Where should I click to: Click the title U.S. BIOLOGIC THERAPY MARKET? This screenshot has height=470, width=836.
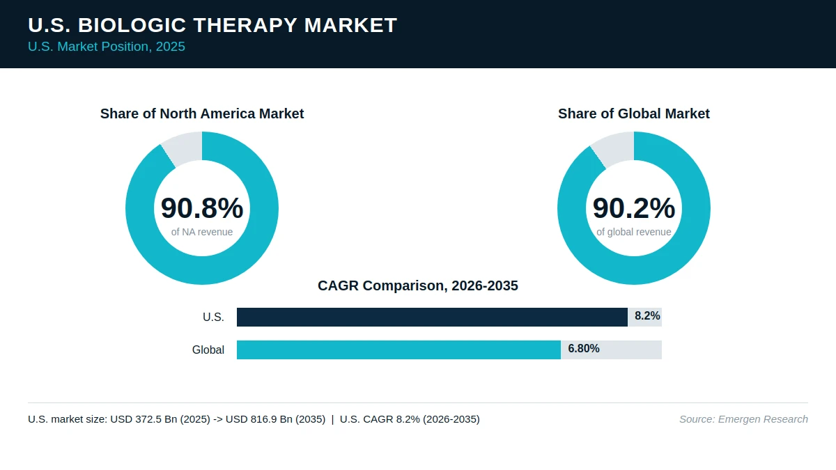pyautogui.click(x=212, y=25)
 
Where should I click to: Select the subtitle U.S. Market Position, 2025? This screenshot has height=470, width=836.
pyautogui.click(x=107, y=47)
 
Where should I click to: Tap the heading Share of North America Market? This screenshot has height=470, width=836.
pyautogui.click(x=202, y=113)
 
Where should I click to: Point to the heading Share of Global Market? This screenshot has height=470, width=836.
pyautogui.click(x=634, y=113)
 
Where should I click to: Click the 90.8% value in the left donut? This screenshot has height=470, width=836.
pyautogui.click(x=202, y=207)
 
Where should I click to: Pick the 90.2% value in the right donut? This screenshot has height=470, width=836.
pyautogui.click(x=634, y=207)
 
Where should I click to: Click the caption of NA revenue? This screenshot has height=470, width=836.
pyautogui.click(x=202, y=232)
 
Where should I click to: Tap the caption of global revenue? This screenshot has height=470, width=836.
pyautogui.click(x=634, y=232)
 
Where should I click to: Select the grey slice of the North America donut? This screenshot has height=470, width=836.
pyautogui.click(x=184, y=148)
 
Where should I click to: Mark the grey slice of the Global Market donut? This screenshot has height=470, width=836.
pyautogui.click(x=614, y=149)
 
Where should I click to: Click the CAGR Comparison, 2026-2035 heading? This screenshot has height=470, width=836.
pyautogui.click(x=417, y=285)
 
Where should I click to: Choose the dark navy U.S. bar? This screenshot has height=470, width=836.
pyautogui.click(x=432, y=317)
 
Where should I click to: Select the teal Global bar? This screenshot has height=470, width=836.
pyautogui.click(x=398, y=350)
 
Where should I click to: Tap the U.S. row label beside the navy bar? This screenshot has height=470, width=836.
pyautogui.click(x=213, y=317)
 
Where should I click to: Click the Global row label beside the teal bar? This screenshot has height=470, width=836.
pyautogui.click(x=208, y=350)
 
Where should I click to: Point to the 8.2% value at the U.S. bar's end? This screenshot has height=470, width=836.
pyautogui.click(x=647, y=316)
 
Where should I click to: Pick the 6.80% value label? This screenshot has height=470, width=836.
pyautogui.click(x=584, y=348)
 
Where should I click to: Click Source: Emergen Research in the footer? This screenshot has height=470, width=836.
pyautogui.click(x=743, y=419)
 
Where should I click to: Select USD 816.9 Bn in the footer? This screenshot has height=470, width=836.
pyautogui.click(x=259, y=419)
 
